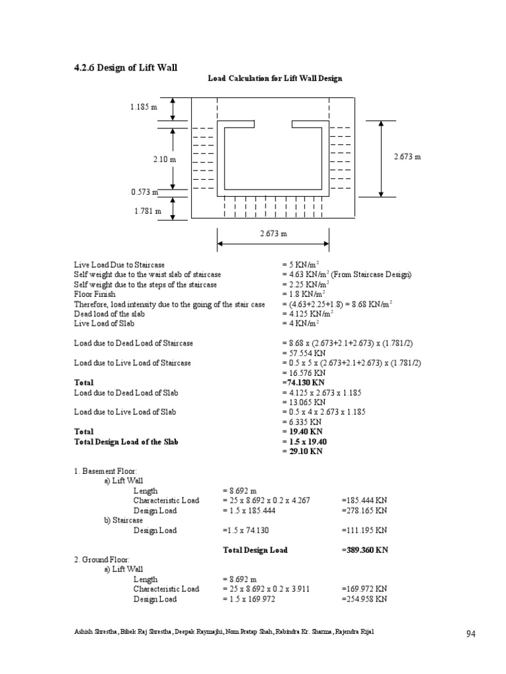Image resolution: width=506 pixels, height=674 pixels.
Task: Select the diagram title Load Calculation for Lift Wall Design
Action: pos(275,78)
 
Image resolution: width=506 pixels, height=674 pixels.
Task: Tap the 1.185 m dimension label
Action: pos(144,107)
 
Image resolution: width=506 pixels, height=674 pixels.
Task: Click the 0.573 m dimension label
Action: pos(144,192)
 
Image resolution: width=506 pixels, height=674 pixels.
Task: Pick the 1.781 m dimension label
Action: pos(144,211)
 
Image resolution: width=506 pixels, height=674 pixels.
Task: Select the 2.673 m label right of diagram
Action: pos(407,157)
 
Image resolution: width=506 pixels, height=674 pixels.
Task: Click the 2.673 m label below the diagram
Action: pos(273,234)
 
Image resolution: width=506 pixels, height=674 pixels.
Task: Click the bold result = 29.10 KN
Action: pos(303,452)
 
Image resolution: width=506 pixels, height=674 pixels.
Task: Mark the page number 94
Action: pos(470,634)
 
